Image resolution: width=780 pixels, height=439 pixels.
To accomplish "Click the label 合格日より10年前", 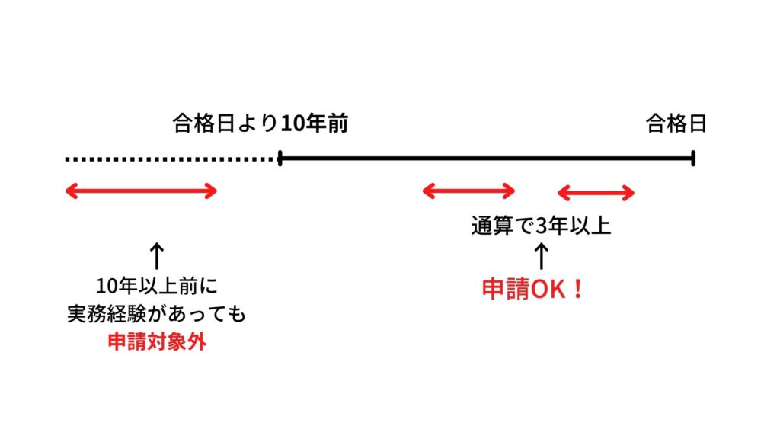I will coord(261,123).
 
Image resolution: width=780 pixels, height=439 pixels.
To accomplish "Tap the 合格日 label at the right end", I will coord(676,123).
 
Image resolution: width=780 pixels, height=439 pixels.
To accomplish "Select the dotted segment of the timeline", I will coord(171,159).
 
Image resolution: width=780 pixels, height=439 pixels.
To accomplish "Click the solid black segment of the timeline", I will coord(487,159).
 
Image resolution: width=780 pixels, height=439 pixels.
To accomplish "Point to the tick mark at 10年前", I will coord(280,159).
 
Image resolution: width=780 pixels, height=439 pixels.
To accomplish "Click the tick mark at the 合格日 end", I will coord(693,159).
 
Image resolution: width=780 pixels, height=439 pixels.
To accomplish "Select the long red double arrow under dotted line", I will coord(142,191).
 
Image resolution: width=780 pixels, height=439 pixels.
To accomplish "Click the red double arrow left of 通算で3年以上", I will coord(468,191).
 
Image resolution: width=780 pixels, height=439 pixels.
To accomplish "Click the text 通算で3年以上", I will coord(542,226).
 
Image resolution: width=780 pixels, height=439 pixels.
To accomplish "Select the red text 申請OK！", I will coord(533,290).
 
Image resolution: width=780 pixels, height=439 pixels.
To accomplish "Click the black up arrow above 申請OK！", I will coord(542,256).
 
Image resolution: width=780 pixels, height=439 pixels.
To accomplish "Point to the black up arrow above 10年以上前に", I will coord(157,256).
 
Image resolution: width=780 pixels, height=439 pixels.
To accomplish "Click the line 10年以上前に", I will coord(157,288).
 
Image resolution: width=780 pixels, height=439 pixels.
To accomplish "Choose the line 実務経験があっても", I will coord(157,315).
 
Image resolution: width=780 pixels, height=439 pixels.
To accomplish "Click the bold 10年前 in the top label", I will coord(315,123).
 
